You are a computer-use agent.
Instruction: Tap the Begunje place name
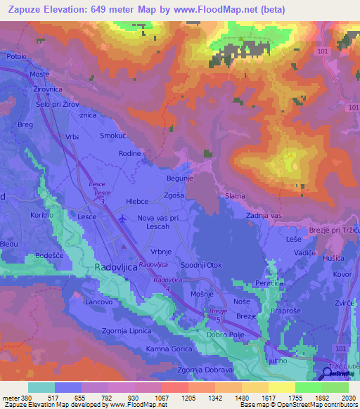[x=179, y=178]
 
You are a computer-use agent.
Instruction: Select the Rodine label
[x=130, y=153]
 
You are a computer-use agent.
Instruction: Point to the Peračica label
[x=271, y=282]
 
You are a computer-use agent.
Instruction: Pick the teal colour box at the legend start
[x=41, y=387]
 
